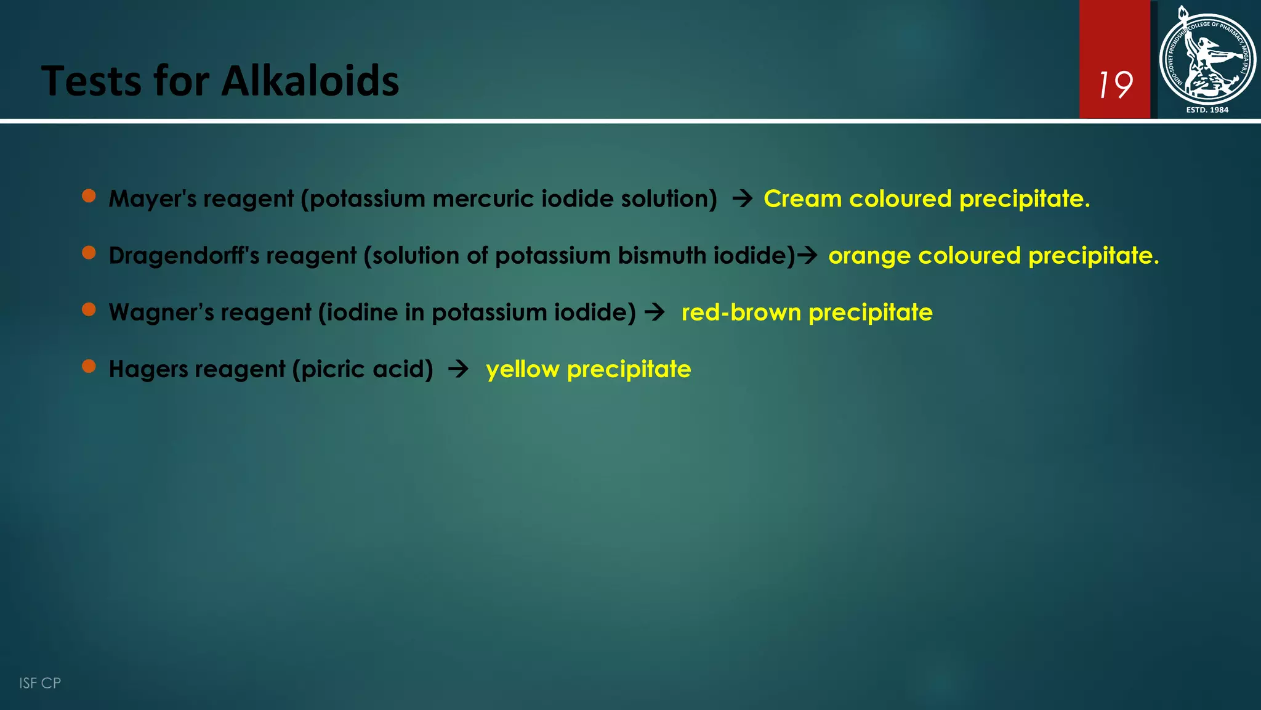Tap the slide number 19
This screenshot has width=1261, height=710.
click(x=1115, y=84)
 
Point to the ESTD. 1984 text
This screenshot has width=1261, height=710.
click(x=1207, y=110)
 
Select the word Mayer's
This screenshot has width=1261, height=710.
click(x=152, y=199)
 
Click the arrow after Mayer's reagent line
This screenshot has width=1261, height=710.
click(x=743, y=198)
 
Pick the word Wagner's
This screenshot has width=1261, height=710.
click(x=161, y=312)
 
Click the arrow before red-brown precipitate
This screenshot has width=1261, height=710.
click(x=655, y=312)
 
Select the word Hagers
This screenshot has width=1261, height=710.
click(x=148, y=369)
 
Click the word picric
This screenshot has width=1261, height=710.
click(x=333, y=369)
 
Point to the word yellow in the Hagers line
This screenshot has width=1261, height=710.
click(x=522, y=369)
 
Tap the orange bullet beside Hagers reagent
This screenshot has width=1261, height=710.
click(x=89, y=366)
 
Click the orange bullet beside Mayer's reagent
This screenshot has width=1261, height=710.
click(x=89, y=196)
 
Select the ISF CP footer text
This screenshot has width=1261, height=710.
click(x=40, y=683)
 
